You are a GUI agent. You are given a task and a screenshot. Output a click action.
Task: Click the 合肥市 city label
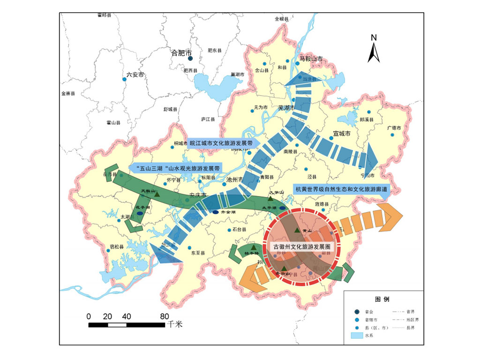(x=182, y=52)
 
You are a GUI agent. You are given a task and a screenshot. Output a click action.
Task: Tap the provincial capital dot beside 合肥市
(x=190, y=59)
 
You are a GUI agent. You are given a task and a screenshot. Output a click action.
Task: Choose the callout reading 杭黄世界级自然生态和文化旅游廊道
(x=340, y=189)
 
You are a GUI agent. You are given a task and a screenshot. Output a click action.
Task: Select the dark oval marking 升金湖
(x=216, y=212)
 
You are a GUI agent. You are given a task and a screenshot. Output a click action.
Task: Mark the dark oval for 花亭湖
(x=140, y=213)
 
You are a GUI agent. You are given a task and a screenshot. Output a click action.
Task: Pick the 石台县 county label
(x=239, y=230)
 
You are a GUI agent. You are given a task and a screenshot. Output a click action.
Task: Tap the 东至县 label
(x=198, y=252)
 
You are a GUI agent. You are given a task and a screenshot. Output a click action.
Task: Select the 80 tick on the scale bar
(x=164, y=316)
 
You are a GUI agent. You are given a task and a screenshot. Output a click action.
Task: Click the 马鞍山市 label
(x=308, y=60)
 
